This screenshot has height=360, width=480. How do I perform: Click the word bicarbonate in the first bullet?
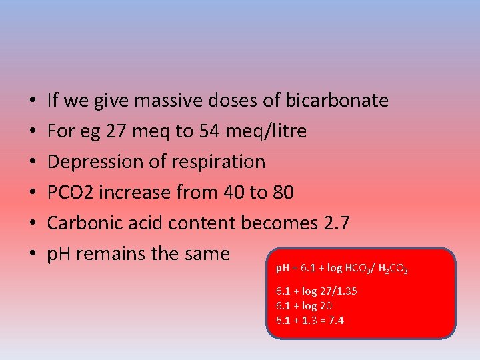(x=337, y=101)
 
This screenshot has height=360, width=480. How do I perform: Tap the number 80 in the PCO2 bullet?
(x=283, y=193)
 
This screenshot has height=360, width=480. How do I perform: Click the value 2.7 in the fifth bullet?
(x=334, y=223)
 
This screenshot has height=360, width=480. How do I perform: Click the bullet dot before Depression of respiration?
(x=33, y=163)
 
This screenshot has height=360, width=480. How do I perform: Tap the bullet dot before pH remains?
(x=33, y=255)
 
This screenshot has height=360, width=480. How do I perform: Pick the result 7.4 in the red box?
(x=337, y=321)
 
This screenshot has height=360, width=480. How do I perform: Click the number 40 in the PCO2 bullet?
(x=235, y=193)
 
